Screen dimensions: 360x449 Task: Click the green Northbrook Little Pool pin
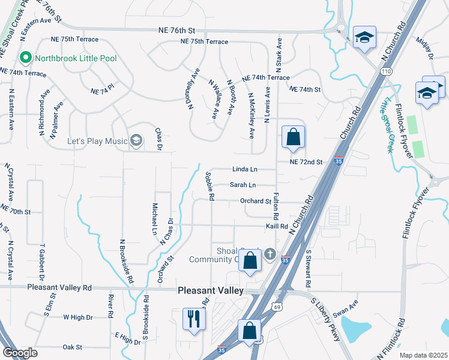pyautogui.click(x=25, y=58)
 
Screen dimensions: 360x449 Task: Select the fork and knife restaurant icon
pyautogui.click(x=193, y=318)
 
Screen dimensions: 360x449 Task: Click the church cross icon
pyautogui.click(x=270, y=255)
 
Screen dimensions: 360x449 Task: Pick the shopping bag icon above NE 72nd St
pyautogui.click(x=292, y=137)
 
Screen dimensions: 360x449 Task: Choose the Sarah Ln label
pyautogui.click(x=243, y=185)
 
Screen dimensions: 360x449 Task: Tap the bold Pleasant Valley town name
pyautogui.click(x=211, y=290)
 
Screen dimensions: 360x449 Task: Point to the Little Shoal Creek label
pyautogui.click(x=387, y=124)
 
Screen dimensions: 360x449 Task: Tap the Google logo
pyautogui.click(x=20, y=352)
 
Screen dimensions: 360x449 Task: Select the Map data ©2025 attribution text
pyautogui.click(x=423, y=355)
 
